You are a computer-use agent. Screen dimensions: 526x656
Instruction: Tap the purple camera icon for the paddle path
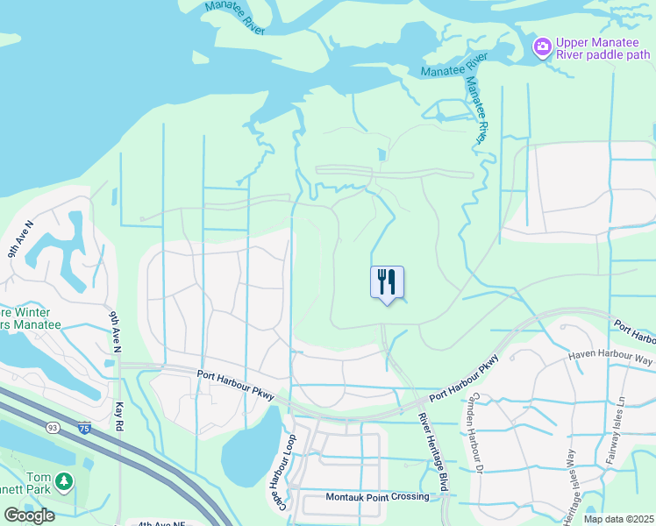(542, 45)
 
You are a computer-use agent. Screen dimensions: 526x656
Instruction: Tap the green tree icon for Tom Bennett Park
(63, 480)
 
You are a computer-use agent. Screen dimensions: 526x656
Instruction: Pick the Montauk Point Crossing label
(377, 497)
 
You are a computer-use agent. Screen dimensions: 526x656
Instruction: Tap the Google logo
(29, 515)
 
